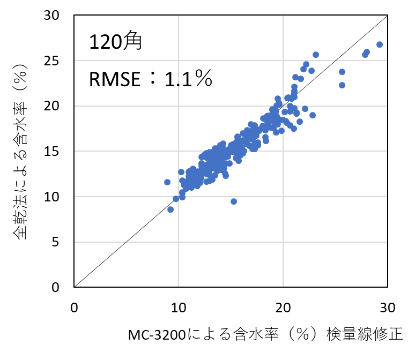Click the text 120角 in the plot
115,42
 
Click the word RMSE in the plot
115,80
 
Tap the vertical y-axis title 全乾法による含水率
21,161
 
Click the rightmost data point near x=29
380,44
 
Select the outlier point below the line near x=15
234,201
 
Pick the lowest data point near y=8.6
170,209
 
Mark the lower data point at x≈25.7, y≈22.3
342,85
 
